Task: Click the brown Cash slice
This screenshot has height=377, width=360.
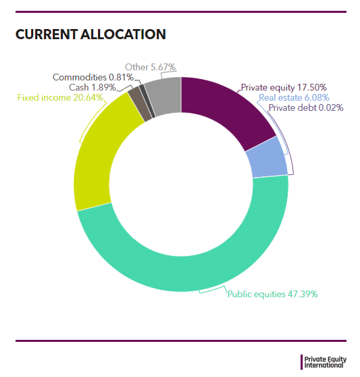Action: tap(140, 104)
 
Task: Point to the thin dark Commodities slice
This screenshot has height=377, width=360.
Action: tap(147, 101)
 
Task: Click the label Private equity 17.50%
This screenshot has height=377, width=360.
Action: tap(284, 87)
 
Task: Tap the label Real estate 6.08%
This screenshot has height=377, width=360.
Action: tap(294, 97)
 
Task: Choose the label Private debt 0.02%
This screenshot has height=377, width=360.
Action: tap(306, 107)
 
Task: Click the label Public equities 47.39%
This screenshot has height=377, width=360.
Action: tap(272, 294)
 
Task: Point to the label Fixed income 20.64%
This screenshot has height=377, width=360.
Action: tap(60, 97)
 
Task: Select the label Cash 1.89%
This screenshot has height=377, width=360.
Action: tap(93, 87)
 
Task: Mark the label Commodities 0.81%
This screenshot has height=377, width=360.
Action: tap(93, 77)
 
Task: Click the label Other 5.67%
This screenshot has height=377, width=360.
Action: tap(151, 67)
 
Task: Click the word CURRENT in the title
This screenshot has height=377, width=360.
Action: tap(47, 34)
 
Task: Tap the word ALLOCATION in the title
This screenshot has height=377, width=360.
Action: tap(123, 34)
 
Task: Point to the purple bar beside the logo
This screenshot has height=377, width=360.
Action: tap(302, 362)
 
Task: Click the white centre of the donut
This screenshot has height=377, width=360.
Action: tap(181, 184)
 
